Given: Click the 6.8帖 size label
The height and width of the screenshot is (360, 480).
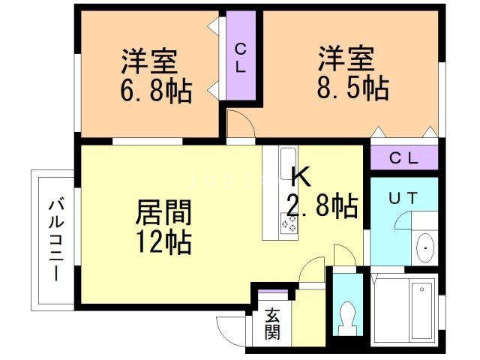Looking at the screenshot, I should [x=156, y=91].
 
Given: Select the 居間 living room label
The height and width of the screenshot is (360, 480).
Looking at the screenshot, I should [x=163, y=213].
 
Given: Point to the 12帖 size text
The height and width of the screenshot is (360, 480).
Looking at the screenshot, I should [x=163, y=241].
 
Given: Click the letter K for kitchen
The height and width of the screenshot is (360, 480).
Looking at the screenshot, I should [x=299, y=177].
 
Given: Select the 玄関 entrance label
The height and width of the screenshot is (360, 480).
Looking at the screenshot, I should [x=272, y=323].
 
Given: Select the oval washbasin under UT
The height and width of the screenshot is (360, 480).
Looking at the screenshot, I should [x=424, y=246].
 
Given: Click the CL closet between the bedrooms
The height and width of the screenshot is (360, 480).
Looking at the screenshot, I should [x=241, y=58].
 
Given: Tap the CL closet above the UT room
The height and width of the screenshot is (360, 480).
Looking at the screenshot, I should [x=403, y=158].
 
